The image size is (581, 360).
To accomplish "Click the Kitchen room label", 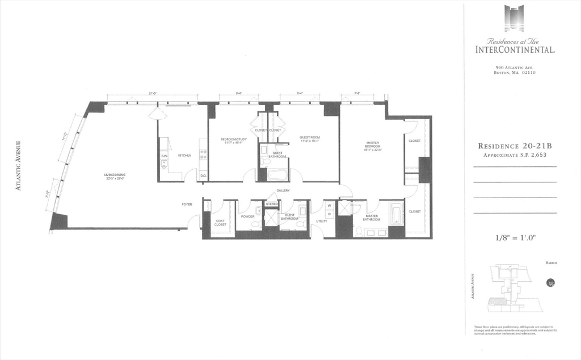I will pyautogui.click(x=184, y=155).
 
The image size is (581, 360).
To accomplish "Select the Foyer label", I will pyautogui.click(x=187, y=204).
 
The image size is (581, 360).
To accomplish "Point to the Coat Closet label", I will pyautogui.click(x=220, y=222).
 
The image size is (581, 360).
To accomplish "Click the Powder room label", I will pyautogui.click(x=247, y=216).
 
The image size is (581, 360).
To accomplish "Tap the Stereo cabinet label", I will pyautogui.click(x=272, y=203).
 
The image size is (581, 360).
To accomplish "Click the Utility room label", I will pyautogui.click(x=322, y=221).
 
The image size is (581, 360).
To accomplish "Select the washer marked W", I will pyautogui.click(x=329, y=206).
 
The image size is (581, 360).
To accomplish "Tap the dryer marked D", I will pyautogui.click(x=329, y=214).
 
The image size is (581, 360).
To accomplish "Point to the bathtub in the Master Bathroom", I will pyautogui.click(x=397, y=216).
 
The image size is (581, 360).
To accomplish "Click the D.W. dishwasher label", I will pyautogui.click(x=164, y=155).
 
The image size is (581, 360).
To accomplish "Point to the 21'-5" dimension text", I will pyautogui.click(x=152, y=93).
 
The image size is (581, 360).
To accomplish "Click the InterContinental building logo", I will pyautogui.click(x=514, y=19).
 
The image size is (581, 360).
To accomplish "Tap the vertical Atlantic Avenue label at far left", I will pyautogui.click(x=19, y=165).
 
